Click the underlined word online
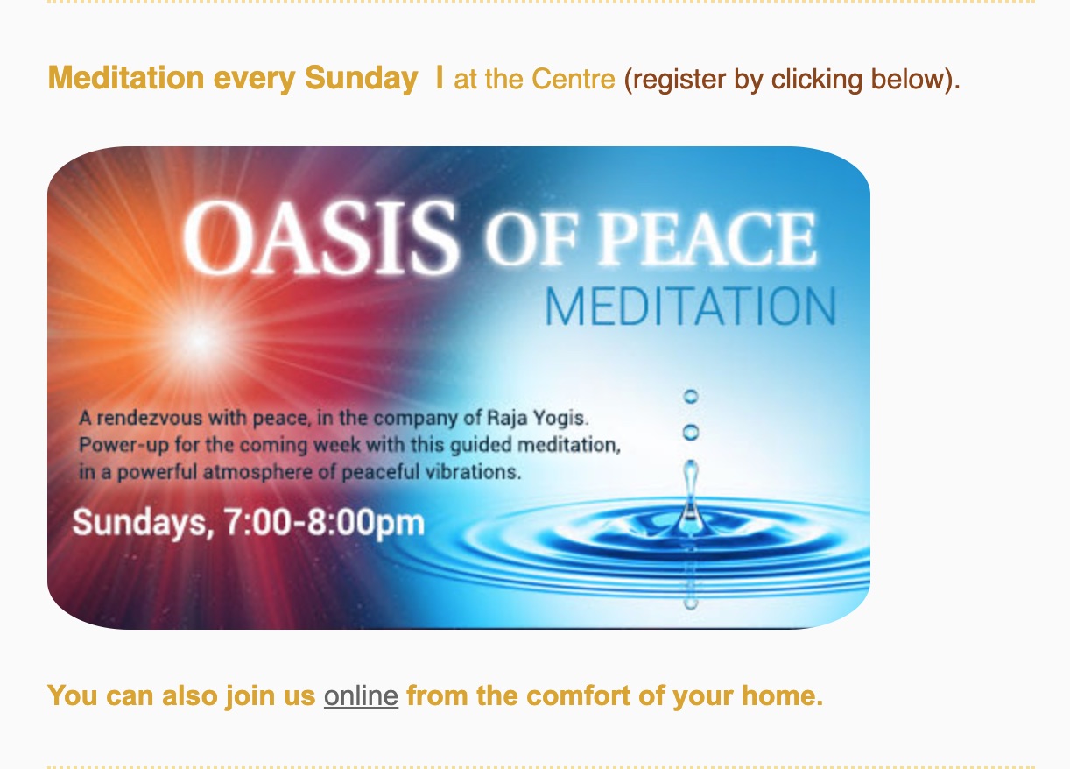(x=361, y=696)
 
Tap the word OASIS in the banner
(x=320, y=237)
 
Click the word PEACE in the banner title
(x=707, y=238)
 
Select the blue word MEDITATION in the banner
(x=691, y=307)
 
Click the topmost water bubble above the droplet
(x=691, y=396)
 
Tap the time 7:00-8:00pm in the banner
(x=324, y=522)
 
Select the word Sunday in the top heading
(x=362, y=78)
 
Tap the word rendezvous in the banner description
(x=150, y=418)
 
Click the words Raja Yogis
(x=537, y=418)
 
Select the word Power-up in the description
(x=123, y=446)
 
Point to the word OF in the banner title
(x=531, y=238)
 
